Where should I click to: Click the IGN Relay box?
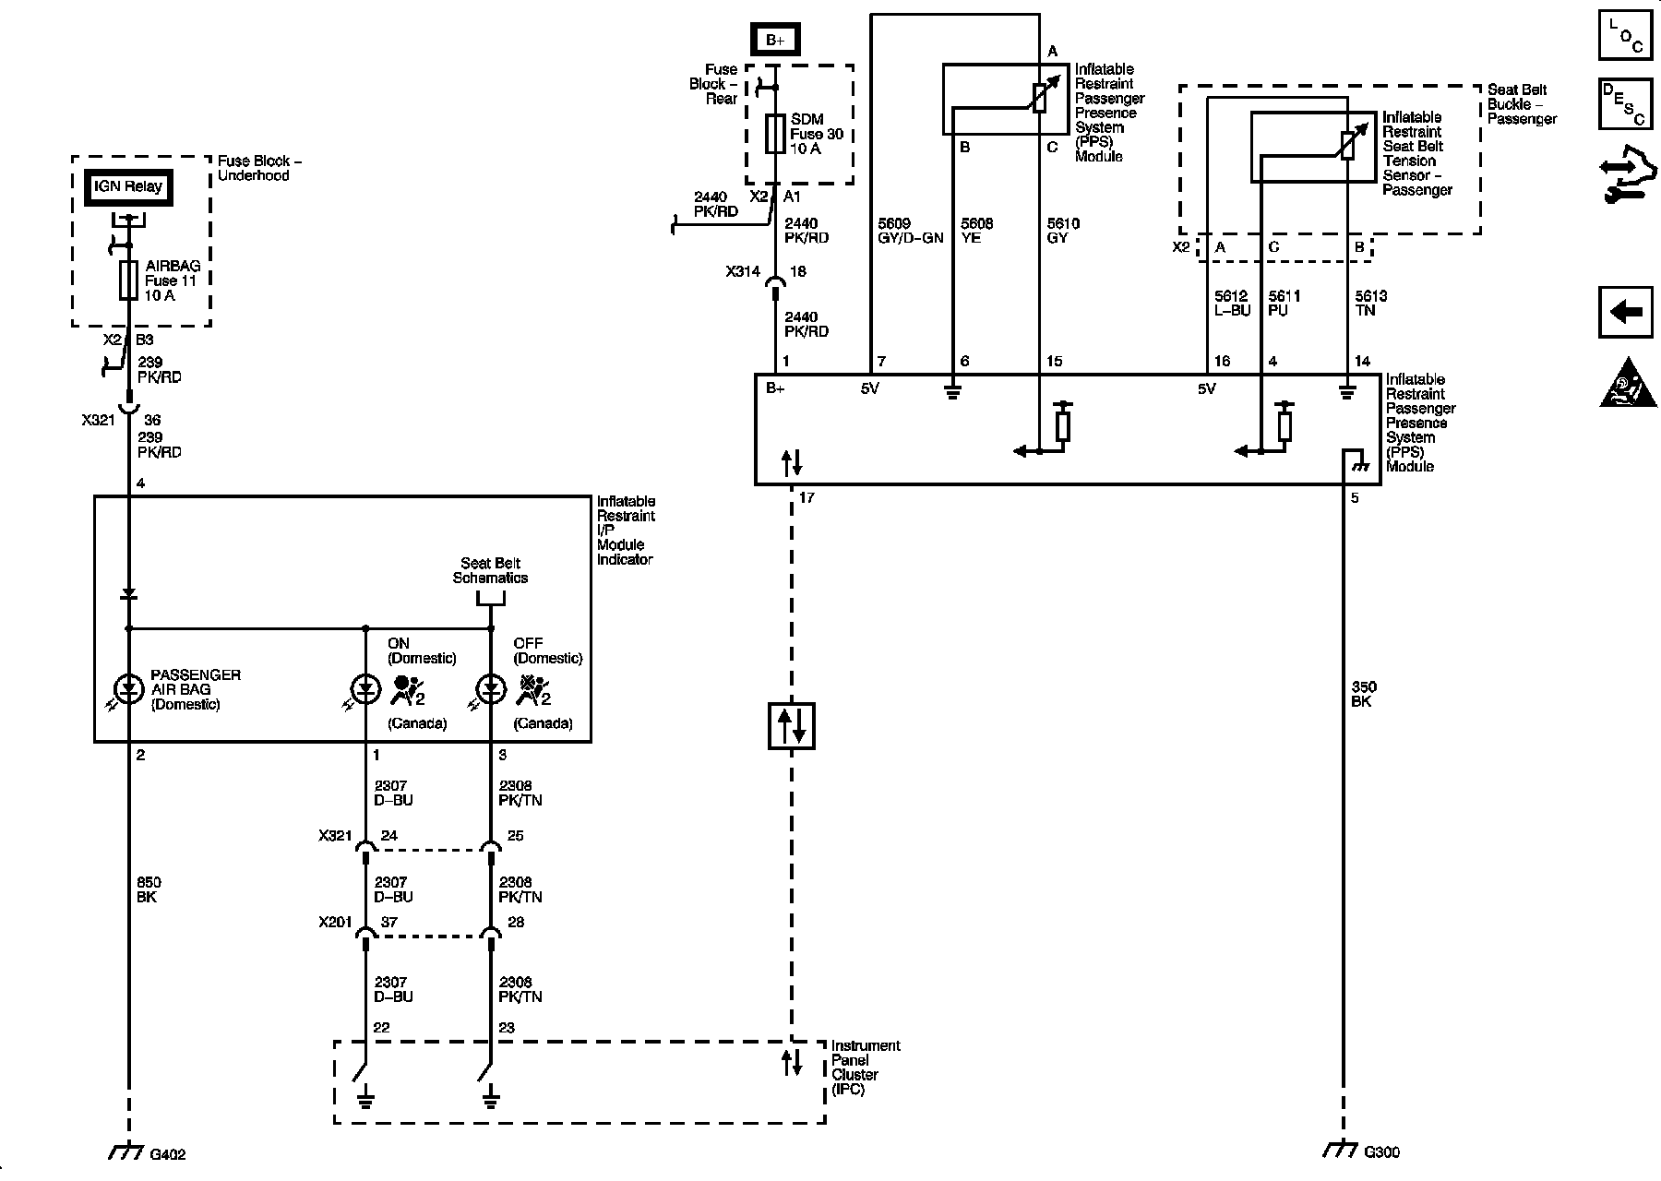tap(127, 186)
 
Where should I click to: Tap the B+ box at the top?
tap(775, 41)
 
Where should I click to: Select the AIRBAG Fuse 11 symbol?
tap(129, 280)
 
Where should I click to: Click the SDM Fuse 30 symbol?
tap(776, 134)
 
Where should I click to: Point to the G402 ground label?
tap(167, 1154)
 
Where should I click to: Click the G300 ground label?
tap(1381, 1151)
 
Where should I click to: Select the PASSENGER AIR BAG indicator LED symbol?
tap(128, 688)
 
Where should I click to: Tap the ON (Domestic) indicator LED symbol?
tap(365, 688)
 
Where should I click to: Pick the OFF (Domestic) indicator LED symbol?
tap(490, 688)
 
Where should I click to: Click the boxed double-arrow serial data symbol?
tap(792, 725)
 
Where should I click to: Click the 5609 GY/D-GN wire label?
tap(910, 231)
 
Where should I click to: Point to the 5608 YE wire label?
tap(976, 231)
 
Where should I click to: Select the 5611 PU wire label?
tap(1285, 304)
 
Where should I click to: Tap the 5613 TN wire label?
tap(1370, 304)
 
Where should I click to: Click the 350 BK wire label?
tap(1364, 694)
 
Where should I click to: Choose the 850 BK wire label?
tap(149, 889)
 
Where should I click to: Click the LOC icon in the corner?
tap(1625, 36)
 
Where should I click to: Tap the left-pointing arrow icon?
tap(1625, 312)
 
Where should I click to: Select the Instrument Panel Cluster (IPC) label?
tap(865, 1068)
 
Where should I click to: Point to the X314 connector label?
tap(743, 272)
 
